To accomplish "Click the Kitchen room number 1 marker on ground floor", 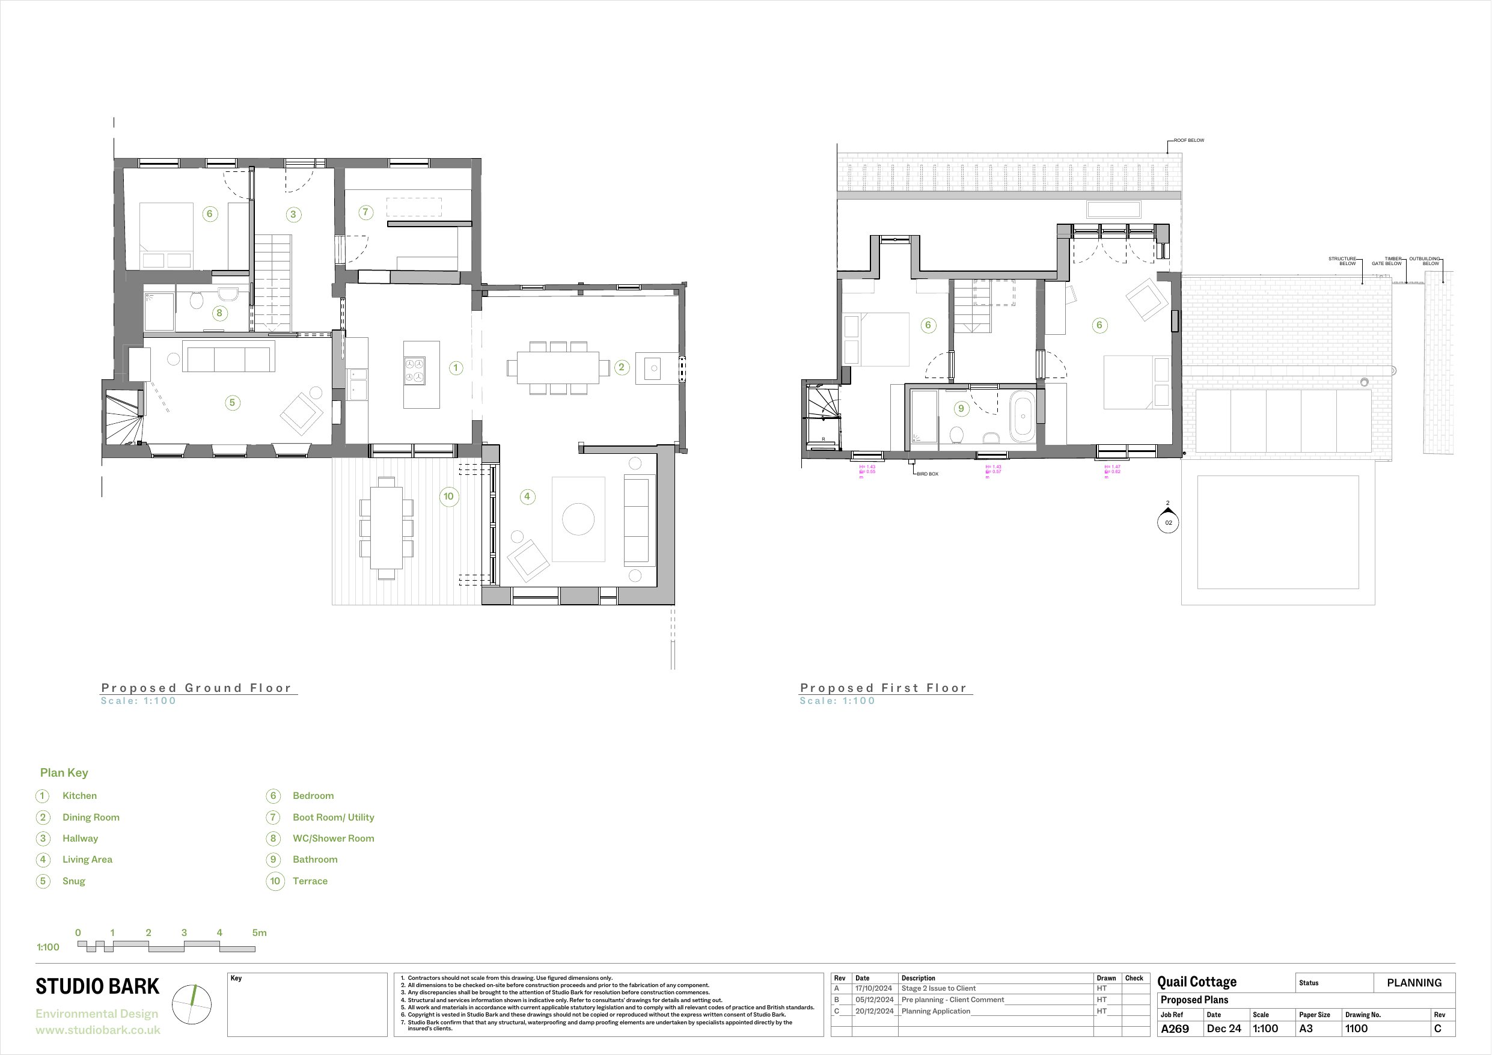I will [x=456, y=368].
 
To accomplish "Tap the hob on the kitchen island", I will [x=415, y=370].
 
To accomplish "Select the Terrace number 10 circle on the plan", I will [x=448, y=497].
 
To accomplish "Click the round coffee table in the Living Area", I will [x=578, y=519].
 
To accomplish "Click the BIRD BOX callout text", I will [x=928, y=474].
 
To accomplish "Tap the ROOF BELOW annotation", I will [x=1188, y=141].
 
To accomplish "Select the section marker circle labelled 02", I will [x=1169, y=522].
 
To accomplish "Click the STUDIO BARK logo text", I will [x=97, y=986].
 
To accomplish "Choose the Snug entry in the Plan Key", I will [x=73, y=881].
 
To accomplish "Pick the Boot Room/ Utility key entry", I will [x=332, y=818].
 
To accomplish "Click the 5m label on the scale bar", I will [x=259, y=933].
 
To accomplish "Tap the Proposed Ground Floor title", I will [x=196, y=688].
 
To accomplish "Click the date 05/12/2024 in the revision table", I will [x=874, y=1000].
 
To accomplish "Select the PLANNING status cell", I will [x=1414, y=983].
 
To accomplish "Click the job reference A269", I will [x=1175, y=1029].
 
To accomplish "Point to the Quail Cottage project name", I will [x=1197, y=982].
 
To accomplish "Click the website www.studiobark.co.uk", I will [x=97, y=1030].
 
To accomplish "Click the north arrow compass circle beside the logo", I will [x=192, y=1005].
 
